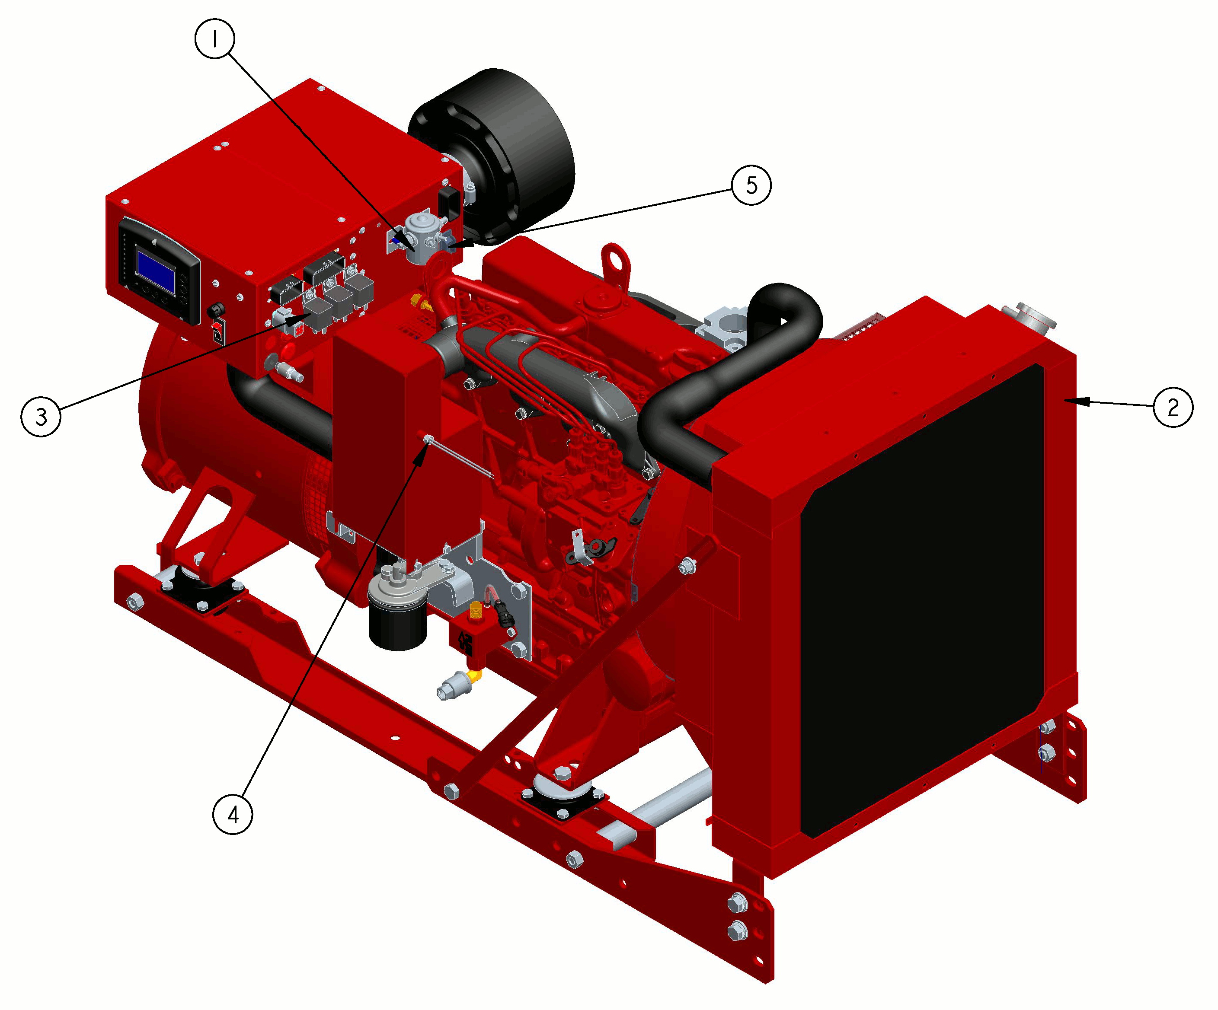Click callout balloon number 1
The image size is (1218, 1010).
[x=214, y=38]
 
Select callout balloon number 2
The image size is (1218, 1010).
[x=1173, y=407]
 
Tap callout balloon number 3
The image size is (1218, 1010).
[x=41, y=416]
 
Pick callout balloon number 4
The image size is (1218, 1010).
[x=233, y=815]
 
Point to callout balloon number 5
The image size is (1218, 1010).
[x=751, y=185]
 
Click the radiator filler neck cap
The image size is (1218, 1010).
[x=1035, y=316]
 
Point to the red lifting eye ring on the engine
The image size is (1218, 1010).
[x=615, y=264]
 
